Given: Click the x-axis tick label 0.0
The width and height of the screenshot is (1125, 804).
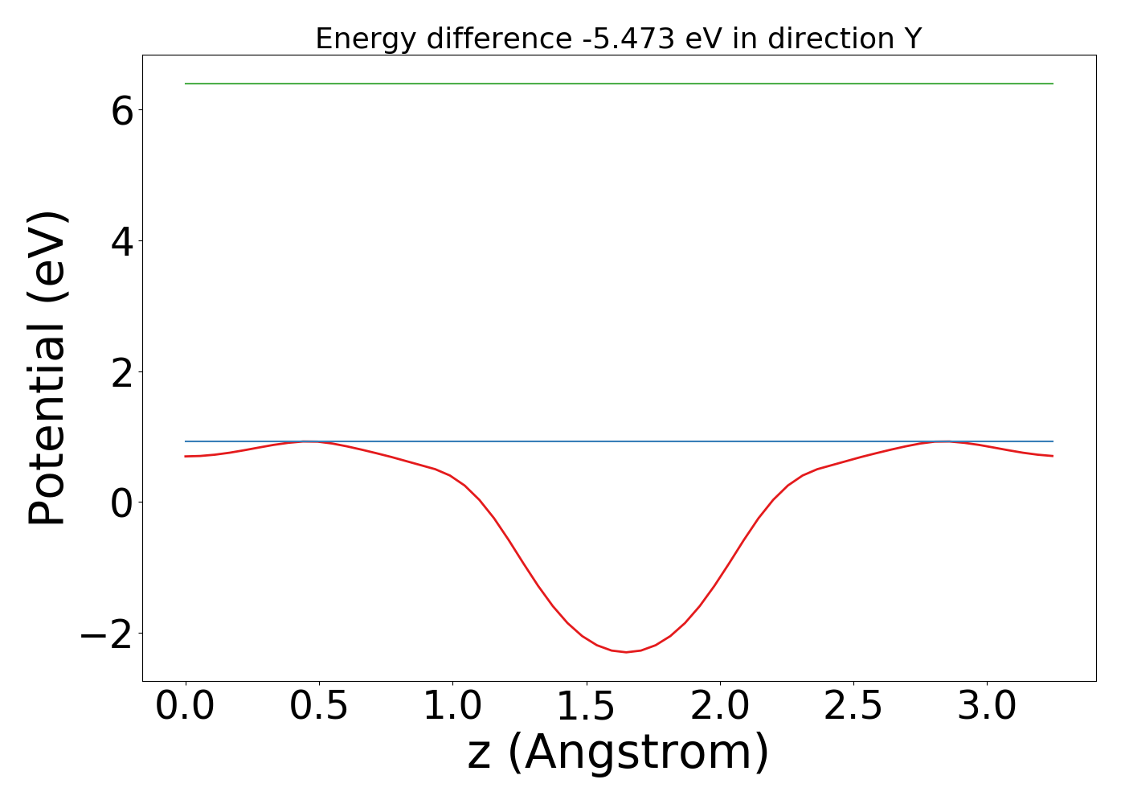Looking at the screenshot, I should tap(185, 708).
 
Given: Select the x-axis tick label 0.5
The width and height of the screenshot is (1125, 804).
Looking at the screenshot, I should tap(319, 708).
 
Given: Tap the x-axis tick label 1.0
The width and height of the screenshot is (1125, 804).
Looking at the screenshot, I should tap(452, 708).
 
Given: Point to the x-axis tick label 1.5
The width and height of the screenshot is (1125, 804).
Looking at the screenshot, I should tap(587, 708).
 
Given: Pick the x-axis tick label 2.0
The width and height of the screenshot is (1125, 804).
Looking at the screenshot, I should tap(720, 708).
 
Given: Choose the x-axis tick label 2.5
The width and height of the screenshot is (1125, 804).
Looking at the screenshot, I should tap(853, 708).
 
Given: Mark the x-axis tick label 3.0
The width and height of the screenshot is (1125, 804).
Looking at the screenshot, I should tap(987, 708).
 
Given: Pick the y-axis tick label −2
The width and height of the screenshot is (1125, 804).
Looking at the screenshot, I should tap(106, 634).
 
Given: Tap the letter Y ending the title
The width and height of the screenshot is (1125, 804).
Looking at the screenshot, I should tap(912, 39).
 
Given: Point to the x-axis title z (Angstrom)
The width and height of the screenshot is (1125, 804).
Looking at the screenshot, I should tap(618, 753).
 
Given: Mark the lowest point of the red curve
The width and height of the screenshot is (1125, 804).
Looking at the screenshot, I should tap(627, 652).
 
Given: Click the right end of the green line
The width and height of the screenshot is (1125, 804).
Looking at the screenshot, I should tap(1053, 84).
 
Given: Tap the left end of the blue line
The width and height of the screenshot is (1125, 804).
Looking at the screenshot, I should tap(186, 441).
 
